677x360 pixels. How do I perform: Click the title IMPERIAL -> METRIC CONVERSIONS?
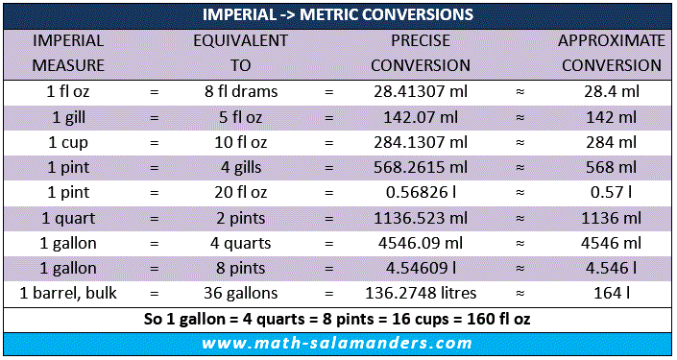click(338, 14)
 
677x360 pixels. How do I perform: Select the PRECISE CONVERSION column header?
click(420, 53)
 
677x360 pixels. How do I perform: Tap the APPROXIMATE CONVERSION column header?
click(612, 53)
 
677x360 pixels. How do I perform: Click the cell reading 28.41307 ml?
click(420, 91)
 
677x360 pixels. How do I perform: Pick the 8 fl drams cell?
click(241, 91)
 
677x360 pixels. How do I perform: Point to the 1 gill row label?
click(68, 117)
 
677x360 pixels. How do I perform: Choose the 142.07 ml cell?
click(421, 117)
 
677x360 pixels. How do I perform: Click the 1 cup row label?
click(68, 142)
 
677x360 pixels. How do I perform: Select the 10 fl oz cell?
click(241, 142)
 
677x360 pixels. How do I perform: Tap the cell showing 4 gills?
click(241, 167)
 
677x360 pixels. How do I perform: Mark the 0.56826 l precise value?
click(421, 193)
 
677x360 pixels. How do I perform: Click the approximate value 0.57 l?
click(612, 193)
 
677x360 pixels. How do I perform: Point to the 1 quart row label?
click(68, 218)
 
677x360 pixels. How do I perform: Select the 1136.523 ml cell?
click(420, 218)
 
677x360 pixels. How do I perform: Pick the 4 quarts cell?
click(240, 244)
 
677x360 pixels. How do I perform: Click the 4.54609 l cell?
click(421, 268)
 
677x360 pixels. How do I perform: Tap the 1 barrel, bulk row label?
click(68, 293)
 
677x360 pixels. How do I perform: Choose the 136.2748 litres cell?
click(421, 293)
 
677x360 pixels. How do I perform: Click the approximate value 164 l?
click(612, 293)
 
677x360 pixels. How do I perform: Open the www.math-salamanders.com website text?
click(337, 343)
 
